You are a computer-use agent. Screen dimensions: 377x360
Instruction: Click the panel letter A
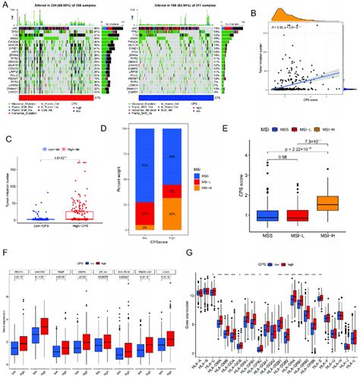point(5,5)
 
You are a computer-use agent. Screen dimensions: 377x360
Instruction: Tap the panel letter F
point(5,248)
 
